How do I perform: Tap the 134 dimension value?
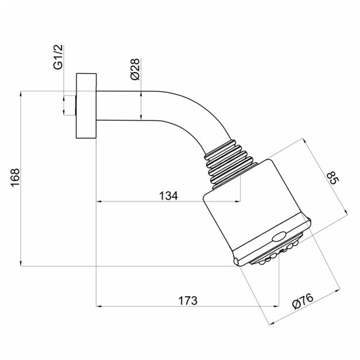[x=169, y=196]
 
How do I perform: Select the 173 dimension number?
[x=188, y=300]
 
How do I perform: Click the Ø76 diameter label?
[x=303, y=301]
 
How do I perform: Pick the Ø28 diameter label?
[x=135, y=69]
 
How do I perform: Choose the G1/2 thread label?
[x=58, y=57]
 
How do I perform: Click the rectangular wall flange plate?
[x=86, y=106]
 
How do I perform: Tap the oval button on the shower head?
[x=279, y=236]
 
